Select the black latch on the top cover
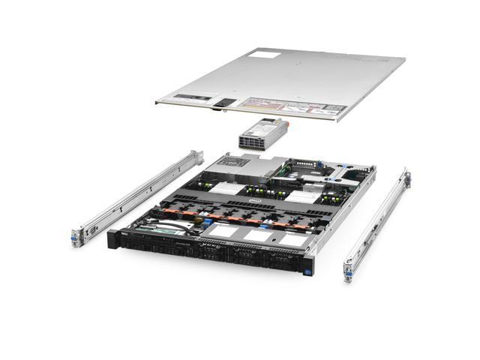220,110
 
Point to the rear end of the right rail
406,178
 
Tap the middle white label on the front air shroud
256,235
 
